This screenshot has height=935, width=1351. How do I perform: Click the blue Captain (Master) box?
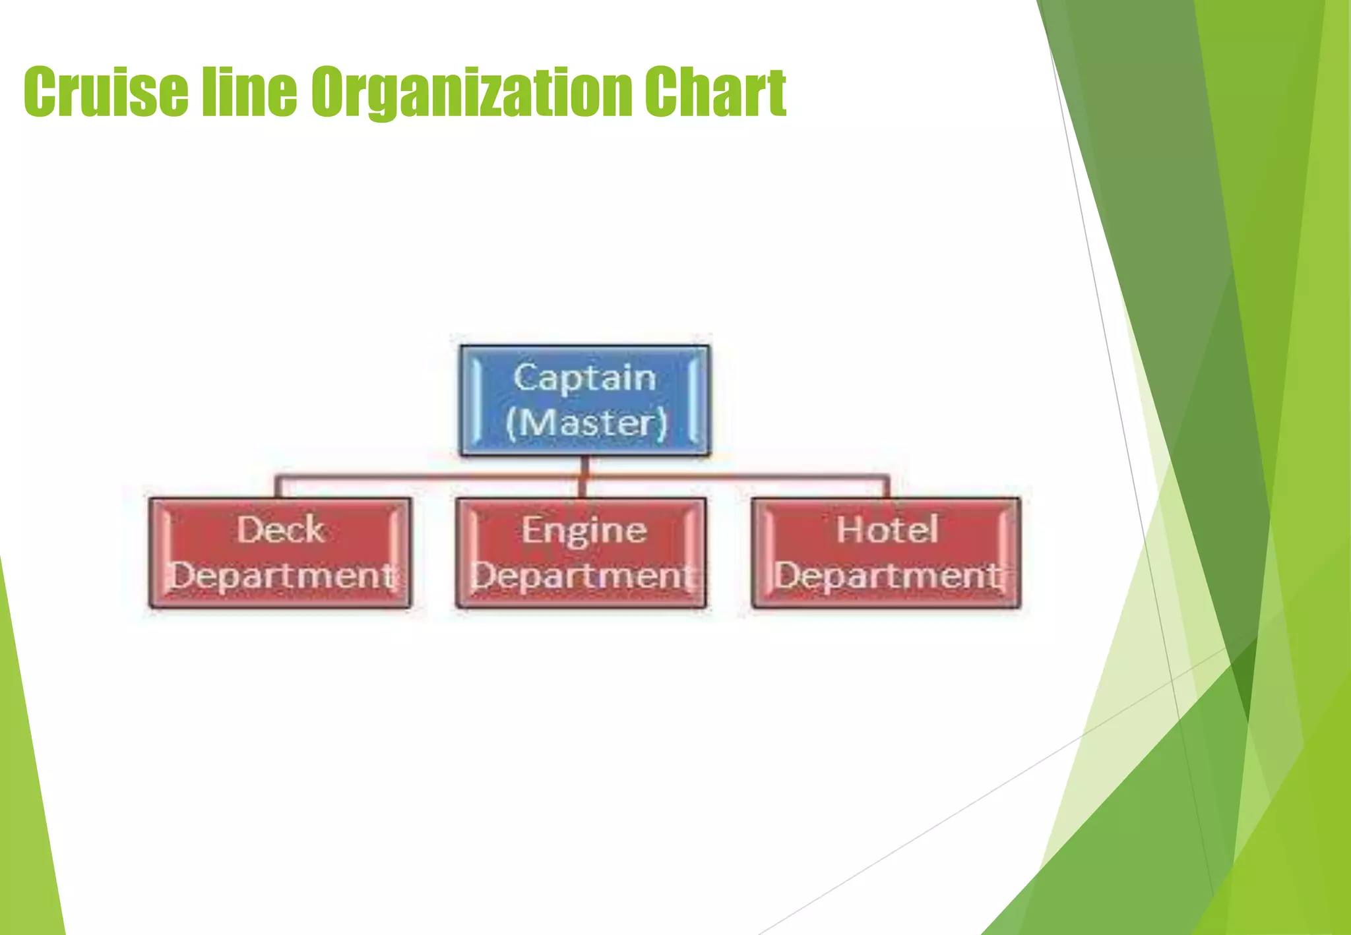pos(585,400)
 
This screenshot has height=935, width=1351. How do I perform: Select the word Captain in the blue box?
pos(585,378)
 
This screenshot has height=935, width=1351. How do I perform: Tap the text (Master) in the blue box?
pos(586,423)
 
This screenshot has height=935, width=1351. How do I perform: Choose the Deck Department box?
pos(280,553)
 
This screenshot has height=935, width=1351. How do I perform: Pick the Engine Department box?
pos(581,553)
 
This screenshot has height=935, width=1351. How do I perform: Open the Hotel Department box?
pos(886,553)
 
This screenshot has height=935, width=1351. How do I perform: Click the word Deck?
pos(280,529)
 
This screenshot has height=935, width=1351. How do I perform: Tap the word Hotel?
pos(887,529)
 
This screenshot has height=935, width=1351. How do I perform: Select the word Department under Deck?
pos(282,576)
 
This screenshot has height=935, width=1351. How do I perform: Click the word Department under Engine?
pos(582,576)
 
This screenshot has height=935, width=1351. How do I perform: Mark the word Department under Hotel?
pos(887,576)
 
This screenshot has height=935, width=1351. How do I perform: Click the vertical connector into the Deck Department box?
pos(278,487)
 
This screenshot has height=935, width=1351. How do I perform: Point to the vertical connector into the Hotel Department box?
pos(887,487)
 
